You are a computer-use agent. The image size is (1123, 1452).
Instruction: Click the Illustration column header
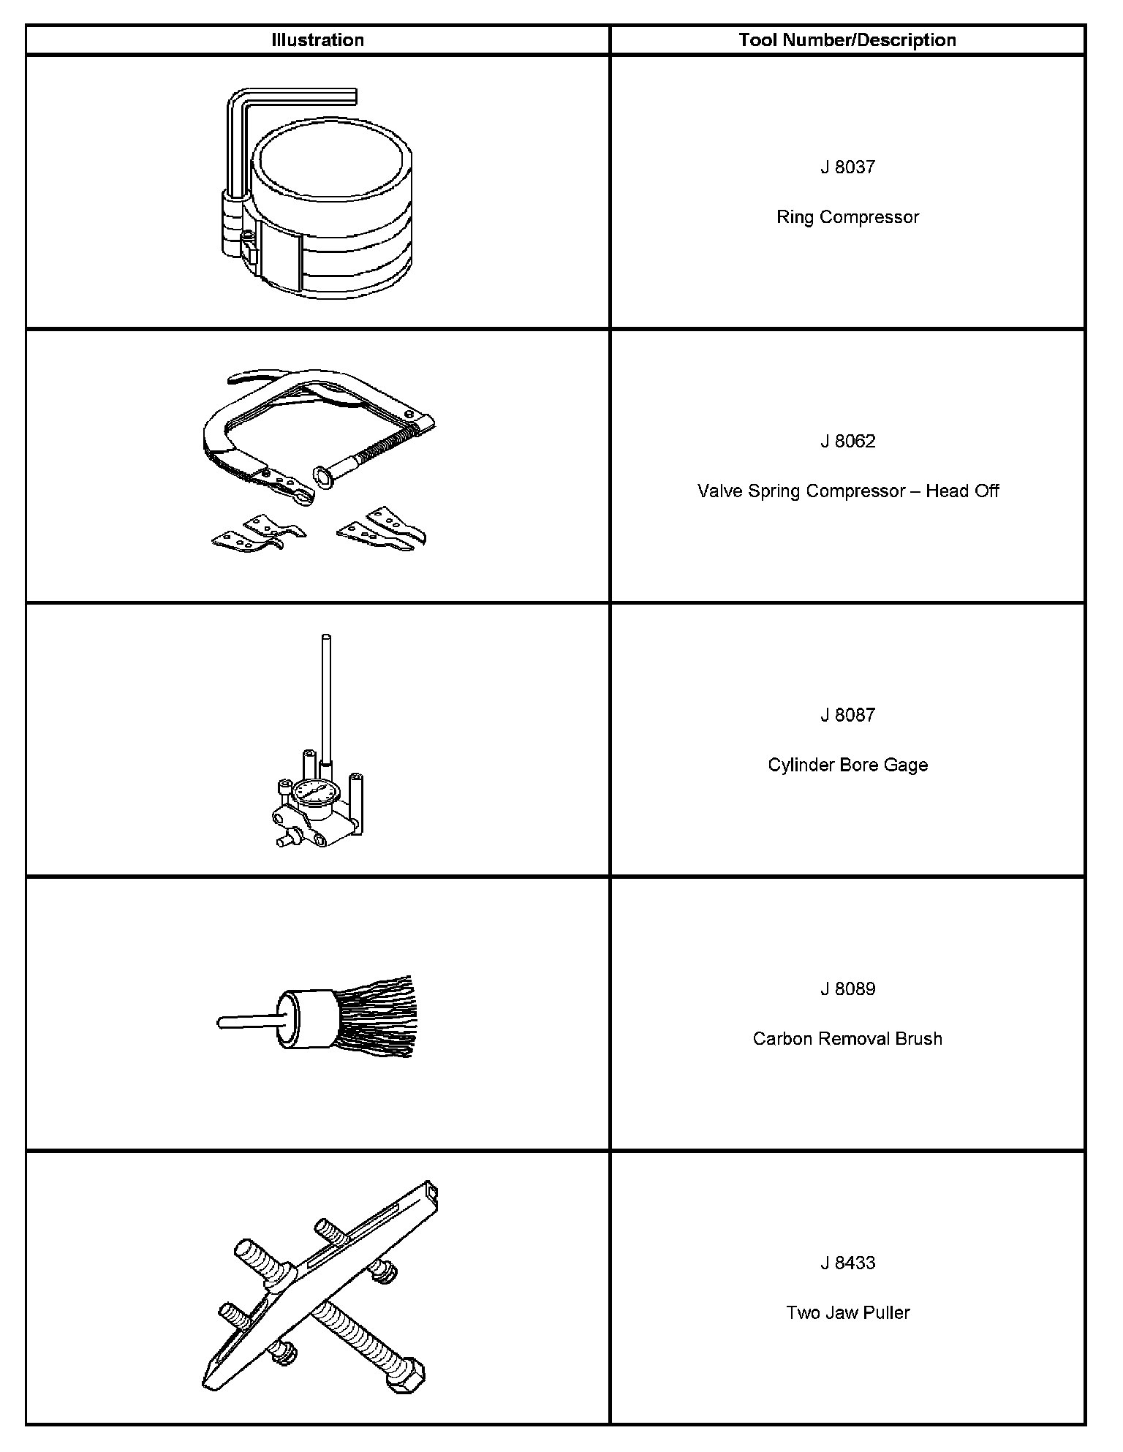pyautogui.click(x=317, y=40)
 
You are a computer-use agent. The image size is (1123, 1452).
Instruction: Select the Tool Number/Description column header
pyautogui.click(x=847, y=40)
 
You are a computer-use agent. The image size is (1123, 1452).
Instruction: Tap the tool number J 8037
pyautogui.click(x=847, y=167)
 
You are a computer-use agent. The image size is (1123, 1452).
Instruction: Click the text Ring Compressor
pyautogui.click(x=847, y=217)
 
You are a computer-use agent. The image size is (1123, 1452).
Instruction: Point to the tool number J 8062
pyautogui.click(x=847, y=442)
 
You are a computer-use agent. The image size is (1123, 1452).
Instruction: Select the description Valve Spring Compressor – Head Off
pyautogui.click(x=847, y=491)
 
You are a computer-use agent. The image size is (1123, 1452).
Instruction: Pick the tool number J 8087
pyautogui.click(x=847, y=715)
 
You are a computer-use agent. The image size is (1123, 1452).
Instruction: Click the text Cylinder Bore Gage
pyautogui.click(x=847, y=765)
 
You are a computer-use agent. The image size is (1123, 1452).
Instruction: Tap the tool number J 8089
pyautogui.click(x=847, y=989)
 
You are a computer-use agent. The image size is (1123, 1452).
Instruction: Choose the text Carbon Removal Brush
pyautogui.click(x=847, y=1039)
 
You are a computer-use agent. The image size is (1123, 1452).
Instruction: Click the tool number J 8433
pyautogui.click(x=847, y=1263)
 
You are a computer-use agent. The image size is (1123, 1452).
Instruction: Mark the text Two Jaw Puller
pyautogui.click(x=847, y=1312)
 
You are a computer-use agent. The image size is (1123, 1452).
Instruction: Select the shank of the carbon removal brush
pyautogui.click(x=249, y=1022)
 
